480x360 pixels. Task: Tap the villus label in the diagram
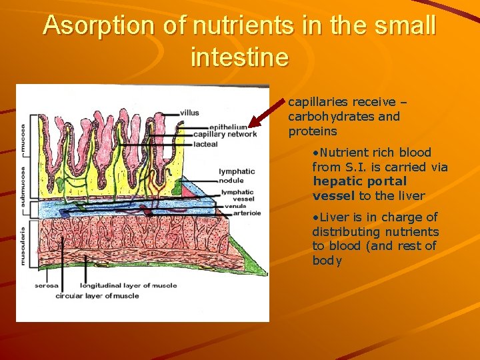click(x=189, y=113)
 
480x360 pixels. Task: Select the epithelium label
click(x=229, y=127)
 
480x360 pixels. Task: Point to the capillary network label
click(x=225, y=134)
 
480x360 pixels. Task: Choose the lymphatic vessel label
click(x=237, y=195)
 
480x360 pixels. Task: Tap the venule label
click(x=235, y=206)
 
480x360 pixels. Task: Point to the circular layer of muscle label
click(x=97, y=295)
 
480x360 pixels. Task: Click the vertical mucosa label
click(x=23, y=139)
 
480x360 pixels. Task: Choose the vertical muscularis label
click(x=23, y=245)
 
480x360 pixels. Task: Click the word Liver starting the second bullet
click(x=333, y=217)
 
